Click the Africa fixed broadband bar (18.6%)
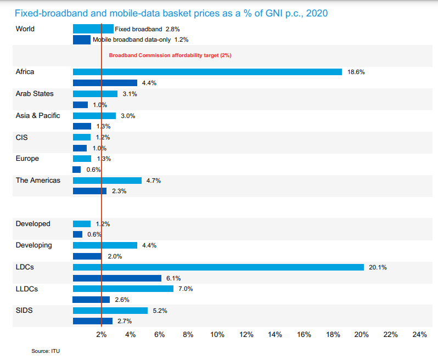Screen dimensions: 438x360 coord(207,72)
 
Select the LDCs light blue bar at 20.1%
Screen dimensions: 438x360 coord(218,267)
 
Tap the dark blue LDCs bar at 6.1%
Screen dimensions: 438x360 coord(117,278)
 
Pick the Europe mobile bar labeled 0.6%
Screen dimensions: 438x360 coord(76,170)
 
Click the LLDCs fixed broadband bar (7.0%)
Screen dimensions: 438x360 coord(123,289)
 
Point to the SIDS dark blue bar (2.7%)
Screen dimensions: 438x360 coord(93,321)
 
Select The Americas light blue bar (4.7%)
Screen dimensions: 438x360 coord(107,181)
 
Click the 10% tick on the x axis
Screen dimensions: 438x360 coord(217,335)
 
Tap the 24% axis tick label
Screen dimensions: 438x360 coord(419,335)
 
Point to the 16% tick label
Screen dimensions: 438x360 coord(304,335)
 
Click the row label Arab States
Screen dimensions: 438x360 coord(35,93)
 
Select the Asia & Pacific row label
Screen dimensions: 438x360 coord(38,116)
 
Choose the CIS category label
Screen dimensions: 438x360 coord(21,137)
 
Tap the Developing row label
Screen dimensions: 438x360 coord(34,245)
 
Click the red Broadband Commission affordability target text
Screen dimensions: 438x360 coord(170,55)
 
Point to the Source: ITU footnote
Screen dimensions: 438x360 coord(46,351)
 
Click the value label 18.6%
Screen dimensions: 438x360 coord(356,72)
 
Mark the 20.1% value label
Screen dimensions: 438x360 coord(378,267)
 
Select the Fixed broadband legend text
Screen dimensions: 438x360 coord(138,29)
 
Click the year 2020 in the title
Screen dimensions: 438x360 coord(317,13)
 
